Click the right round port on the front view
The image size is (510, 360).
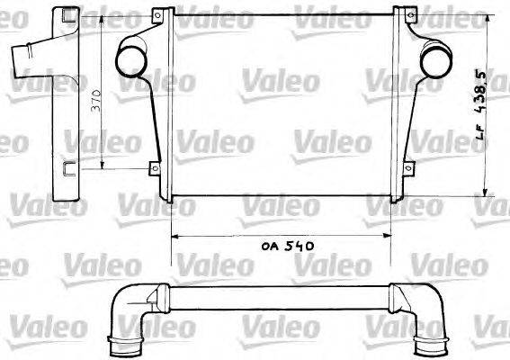[x=434, y=61]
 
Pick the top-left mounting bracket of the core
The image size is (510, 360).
[x=160, y=16]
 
